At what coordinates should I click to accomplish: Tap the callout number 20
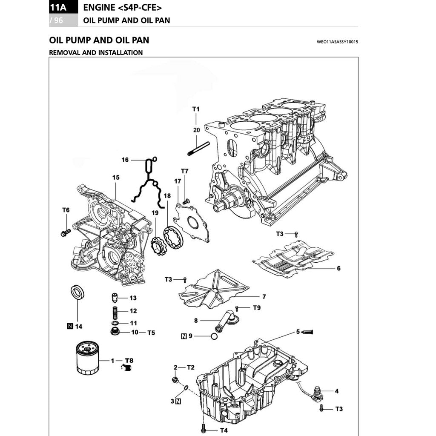point(196,130)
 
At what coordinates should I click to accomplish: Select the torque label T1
point(195,109)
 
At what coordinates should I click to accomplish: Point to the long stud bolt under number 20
point(198,149)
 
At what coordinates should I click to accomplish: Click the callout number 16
point(125,160)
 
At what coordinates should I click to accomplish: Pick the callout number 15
point(116,177)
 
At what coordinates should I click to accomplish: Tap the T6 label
point(66,210)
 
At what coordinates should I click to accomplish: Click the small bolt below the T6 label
point(66,232)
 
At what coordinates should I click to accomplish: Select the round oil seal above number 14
point(77,293)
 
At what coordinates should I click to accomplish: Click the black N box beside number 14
point(69,327)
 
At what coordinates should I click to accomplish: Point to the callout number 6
point(338,269)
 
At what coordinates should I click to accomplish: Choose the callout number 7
point(264,296)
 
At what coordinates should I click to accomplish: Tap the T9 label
point(257,307)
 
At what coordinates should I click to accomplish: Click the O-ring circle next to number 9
point(214,336)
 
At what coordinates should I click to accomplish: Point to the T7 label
point(184,171)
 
